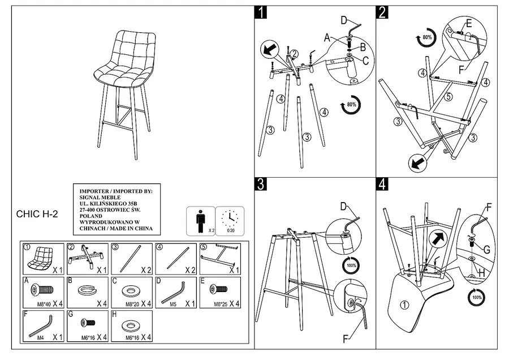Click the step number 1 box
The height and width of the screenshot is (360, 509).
[261, 12]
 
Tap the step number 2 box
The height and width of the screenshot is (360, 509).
[382, 12]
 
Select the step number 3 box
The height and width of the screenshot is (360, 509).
[261, 184]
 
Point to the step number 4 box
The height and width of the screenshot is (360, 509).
[382, 184]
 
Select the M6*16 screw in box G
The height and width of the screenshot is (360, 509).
[86, 324]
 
